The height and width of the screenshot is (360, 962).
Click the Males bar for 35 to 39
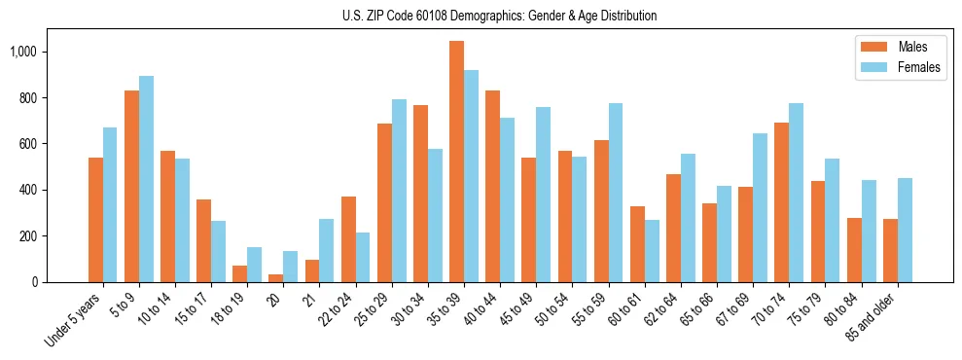(457, 162)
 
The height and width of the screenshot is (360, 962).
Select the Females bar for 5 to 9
(147, 179)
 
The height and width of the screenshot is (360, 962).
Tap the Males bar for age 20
(276, 278)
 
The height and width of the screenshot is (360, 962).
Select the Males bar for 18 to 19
(240, 273)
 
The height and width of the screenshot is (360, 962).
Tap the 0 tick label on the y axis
(33, 282)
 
